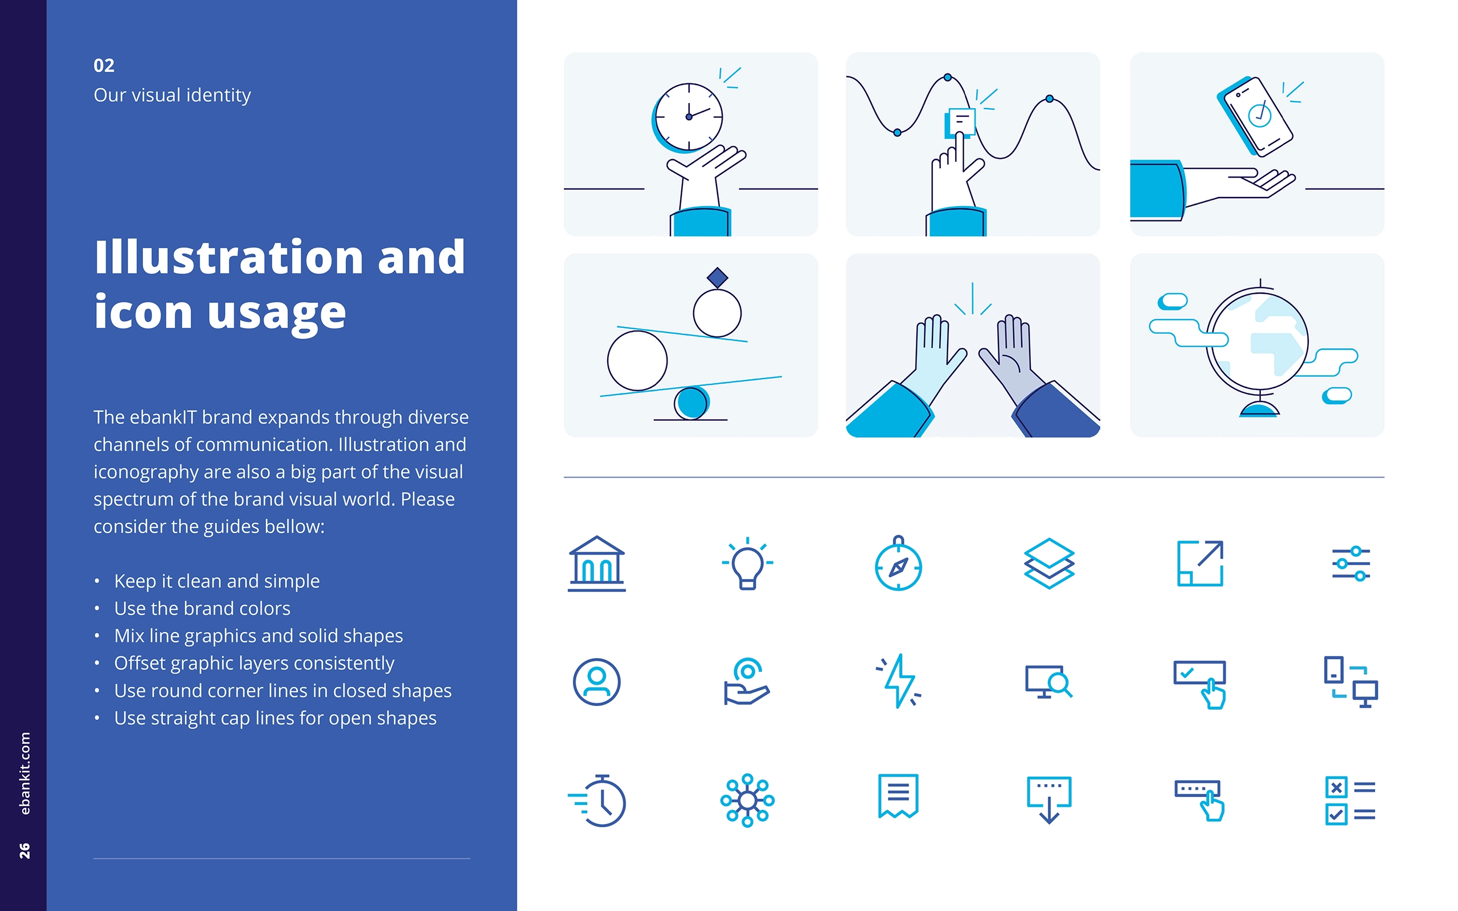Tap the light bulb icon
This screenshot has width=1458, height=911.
coord(748,563)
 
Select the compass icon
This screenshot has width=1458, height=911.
coord(898,563)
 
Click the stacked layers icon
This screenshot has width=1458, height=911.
coord(1049,563)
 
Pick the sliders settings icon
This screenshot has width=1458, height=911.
coord(1351,563)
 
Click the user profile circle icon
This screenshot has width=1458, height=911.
coord(596,682)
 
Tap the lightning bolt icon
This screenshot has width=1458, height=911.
coord(899,681)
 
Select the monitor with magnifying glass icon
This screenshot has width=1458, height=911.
coord(1049,682)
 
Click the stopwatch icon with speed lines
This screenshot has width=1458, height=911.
coord(597,801)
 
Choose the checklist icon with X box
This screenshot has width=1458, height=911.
coord(1350,801)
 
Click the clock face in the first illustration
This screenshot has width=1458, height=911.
coord(688,117)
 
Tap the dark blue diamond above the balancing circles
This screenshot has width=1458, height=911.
coord(717,278)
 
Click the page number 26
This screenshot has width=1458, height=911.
coord(24,851)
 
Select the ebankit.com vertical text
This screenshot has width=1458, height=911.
coord(24,773)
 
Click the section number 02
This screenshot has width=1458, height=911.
coord(104,65)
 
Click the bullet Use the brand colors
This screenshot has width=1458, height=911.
coord(202,609)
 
